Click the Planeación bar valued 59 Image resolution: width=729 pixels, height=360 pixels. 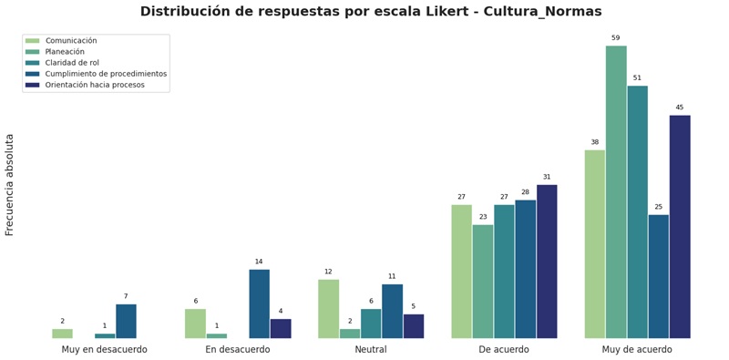click(616, 192)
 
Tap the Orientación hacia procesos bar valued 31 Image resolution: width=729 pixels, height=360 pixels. click(547, 262)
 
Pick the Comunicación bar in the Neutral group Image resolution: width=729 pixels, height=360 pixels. click(328, 309)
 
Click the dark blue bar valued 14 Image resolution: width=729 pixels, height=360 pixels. click(259, 303)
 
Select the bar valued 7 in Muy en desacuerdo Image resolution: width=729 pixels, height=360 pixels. click(126, 321)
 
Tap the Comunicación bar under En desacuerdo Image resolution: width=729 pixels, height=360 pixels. click(195, 324)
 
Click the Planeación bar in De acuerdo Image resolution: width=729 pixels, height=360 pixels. click(483, 282)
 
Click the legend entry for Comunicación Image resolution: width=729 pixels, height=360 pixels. click(71, 41)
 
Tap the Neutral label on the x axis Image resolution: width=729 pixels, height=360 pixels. click(371, 350)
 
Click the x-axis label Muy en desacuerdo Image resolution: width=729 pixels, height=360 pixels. click(104, 350)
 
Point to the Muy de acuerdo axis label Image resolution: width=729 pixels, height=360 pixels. click(637, 350)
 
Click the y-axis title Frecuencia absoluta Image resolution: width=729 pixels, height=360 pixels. click(10, 184)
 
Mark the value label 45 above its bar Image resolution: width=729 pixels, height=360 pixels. click(679, 108)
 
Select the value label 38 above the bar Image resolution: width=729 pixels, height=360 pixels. click(594, 142)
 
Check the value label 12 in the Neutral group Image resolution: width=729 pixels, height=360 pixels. click(328, 272)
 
